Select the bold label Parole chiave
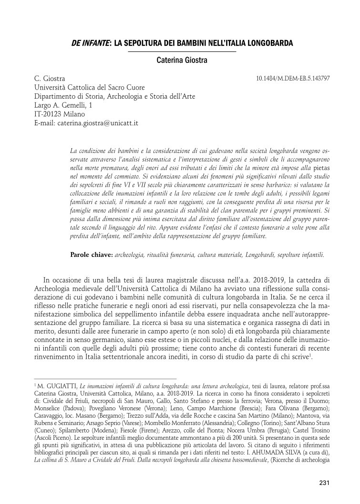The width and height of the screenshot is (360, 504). [x=91, y=255]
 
